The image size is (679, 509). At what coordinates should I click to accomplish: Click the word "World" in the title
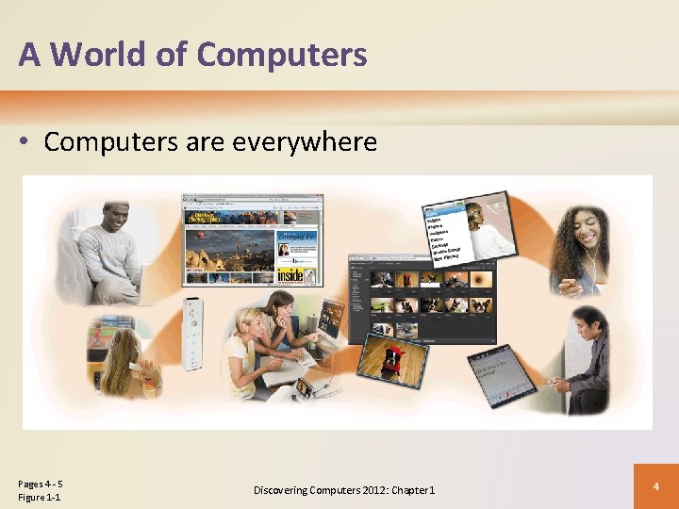pos(108,55)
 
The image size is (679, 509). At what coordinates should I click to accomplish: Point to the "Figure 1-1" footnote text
pos(39,498)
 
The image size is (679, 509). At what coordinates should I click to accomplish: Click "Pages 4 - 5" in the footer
pos(40,484)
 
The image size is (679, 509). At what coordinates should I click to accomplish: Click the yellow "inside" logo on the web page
pos(290,274)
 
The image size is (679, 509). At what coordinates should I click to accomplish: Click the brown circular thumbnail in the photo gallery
pos(481,280)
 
